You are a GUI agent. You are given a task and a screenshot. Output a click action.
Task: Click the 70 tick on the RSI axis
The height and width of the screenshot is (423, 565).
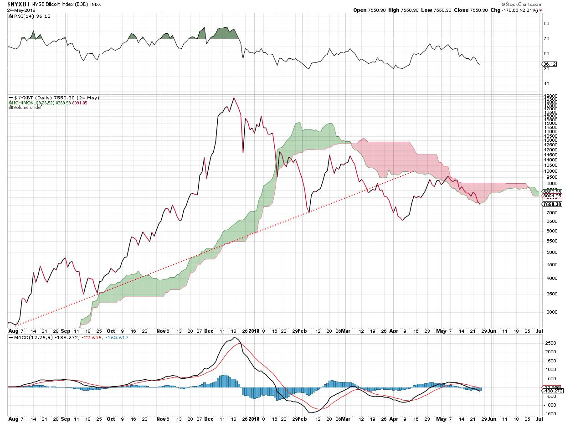(546, 39)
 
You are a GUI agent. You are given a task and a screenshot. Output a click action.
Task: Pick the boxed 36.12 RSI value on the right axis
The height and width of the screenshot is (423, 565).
(550, 64)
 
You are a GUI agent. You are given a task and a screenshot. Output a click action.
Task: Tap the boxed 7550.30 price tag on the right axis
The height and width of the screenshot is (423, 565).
(551, 204)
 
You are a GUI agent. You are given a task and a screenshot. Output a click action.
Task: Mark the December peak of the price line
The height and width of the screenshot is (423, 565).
(234, 98)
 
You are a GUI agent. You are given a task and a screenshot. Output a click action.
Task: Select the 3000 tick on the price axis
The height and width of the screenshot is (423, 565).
(549, 312)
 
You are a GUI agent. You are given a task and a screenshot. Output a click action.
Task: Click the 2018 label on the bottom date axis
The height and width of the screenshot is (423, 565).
(254, 418)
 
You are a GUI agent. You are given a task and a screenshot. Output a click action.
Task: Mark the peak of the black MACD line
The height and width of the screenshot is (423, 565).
(234, 338)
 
